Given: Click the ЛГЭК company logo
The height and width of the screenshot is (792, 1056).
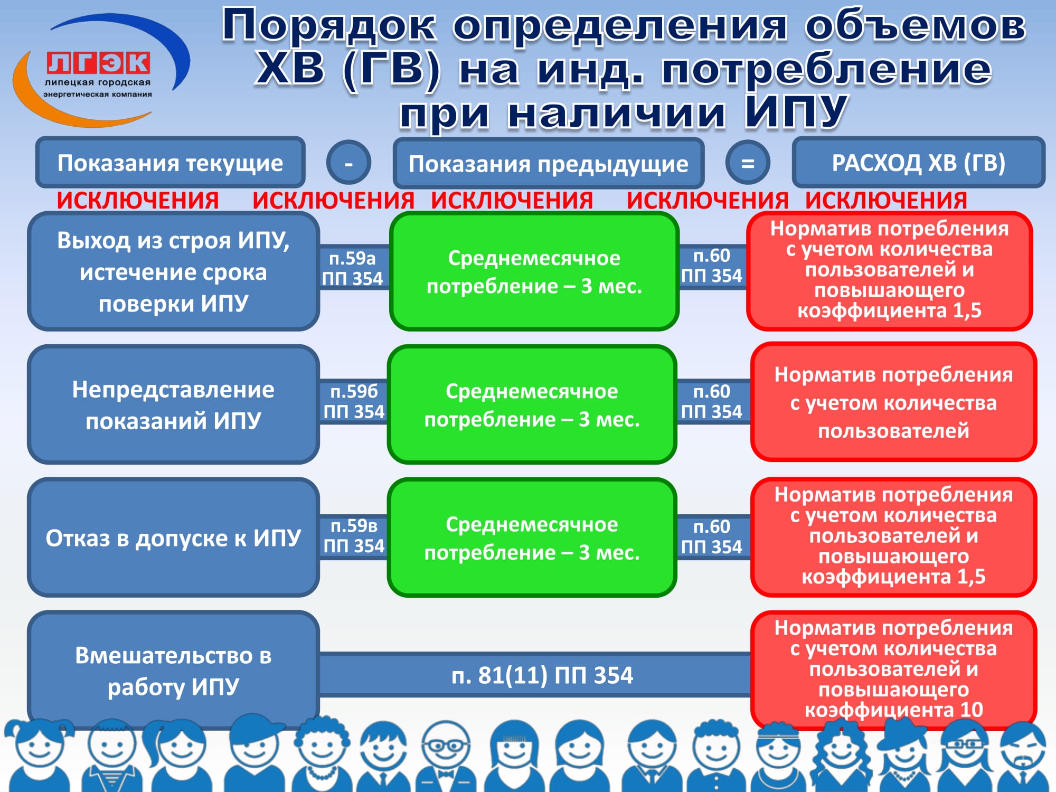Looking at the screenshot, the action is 100,71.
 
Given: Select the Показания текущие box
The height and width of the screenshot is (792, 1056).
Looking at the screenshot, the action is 170,163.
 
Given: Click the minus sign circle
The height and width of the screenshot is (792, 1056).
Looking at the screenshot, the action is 348,163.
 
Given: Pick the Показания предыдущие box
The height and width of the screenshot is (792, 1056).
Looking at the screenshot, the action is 549,163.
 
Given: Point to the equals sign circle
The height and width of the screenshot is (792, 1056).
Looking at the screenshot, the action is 748,163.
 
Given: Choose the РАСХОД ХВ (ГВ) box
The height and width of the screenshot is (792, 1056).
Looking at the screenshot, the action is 919,162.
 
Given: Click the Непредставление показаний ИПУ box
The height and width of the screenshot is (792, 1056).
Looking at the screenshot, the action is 173,404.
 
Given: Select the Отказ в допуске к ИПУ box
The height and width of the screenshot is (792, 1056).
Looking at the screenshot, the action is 173,538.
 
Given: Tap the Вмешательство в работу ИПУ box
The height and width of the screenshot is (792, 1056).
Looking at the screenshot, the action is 173,671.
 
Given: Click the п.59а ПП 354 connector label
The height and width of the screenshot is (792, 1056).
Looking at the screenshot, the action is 353,268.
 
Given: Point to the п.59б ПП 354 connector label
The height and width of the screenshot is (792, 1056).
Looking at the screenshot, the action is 354,401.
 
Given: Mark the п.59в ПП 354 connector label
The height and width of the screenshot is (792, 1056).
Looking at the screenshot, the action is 354,535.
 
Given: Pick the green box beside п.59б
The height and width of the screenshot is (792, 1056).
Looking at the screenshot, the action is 532,404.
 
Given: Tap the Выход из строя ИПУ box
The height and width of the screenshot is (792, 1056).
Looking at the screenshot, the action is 173,271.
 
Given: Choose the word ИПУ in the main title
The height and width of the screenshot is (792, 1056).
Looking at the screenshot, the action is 796,112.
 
